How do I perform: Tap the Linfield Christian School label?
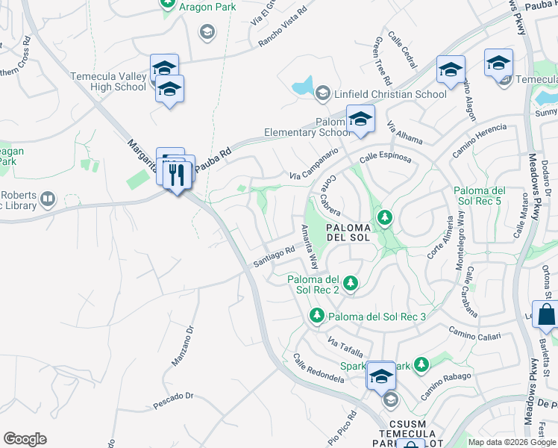click(x=390, y=94)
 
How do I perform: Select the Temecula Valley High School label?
click(x=108, y=81)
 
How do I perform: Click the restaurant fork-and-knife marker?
click(x=177, y=175)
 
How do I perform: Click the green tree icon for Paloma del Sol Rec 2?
click(x=351, y=283)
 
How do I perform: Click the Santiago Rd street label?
click(x=275, y=256)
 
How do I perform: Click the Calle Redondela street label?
click(x=319, y=368)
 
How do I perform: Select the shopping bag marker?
click(x=546, y=315)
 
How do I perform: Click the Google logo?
click(x=25, y=438)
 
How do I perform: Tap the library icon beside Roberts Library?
click(x=48, y=199)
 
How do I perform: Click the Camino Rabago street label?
click(x=446, y=384)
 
